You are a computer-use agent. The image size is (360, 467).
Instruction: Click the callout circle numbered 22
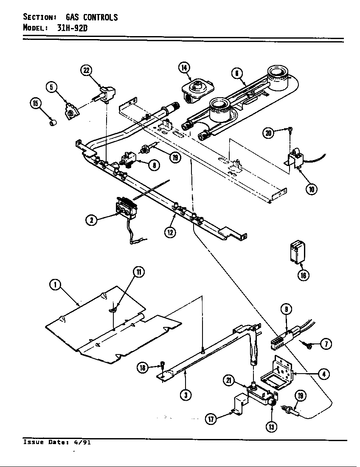click(x=87, y=71)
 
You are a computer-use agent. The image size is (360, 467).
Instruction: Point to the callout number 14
click(x=184, y=68)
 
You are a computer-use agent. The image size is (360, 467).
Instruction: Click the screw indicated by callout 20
click(x=290, y=129)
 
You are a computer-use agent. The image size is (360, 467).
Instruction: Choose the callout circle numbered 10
click(x=312, y=189)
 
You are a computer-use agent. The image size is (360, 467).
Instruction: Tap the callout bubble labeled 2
click(x=91, y=219)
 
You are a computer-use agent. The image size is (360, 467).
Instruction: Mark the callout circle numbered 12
click(x=170, y=232)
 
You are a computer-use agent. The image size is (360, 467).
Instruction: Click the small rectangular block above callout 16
click(x=296, y=252)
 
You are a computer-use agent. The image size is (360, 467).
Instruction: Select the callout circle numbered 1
click(x=54, y=285)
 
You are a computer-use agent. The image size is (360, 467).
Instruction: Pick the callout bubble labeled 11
click(x=138, y=272)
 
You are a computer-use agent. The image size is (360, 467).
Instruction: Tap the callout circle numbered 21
click(x=229, y=380)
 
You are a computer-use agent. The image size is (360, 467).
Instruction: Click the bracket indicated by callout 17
click(x=240, y=405)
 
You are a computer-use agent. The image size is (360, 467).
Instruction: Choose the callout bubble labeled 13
click(x=270, y=427)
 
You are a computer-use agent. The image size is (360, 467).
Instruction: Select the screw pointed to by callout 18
click(x=163, y=364)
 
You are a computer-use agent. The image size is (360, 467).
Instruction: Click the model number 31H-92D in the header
click(x=72, y=28)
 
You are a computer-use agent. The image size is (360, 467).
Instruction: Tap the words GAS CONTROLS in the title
click(x=91, y=17)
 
